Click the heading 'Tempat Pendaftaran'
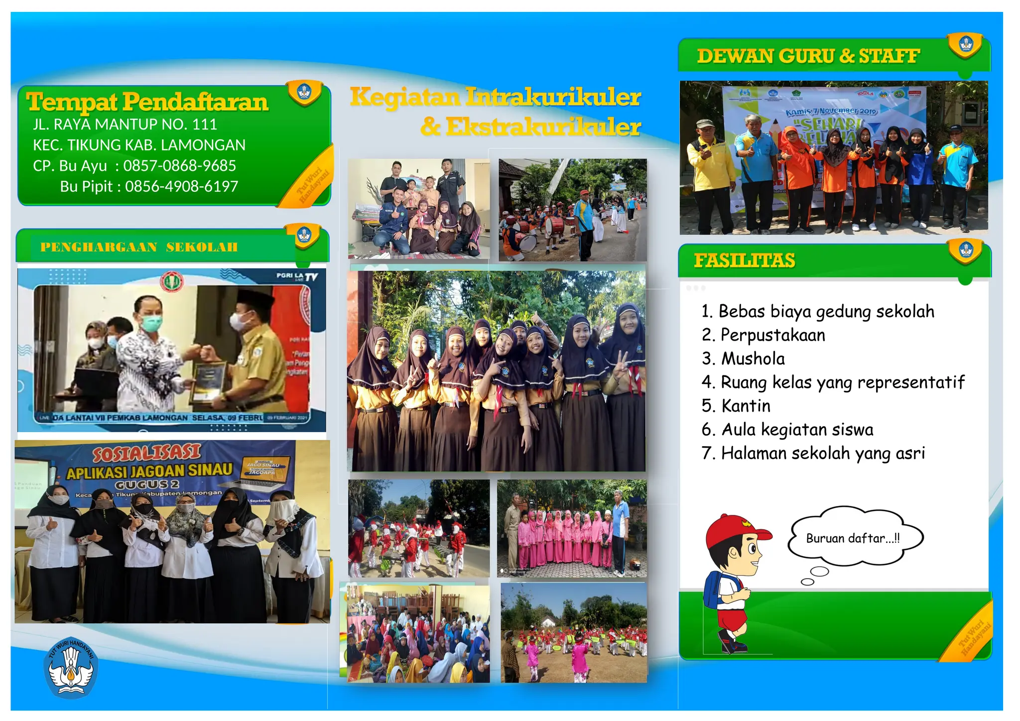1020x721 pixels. (x=147, y=102)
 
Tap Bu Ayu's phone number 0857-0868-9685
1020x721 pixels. (x=179, y=166)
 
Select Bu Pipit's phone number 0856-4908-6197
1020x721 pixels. (x=181, y=187)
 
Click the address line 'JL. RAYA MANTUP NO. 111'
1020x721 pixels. (x=125, y=124)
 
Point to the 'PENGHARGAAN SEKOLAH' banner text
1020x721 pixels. (x=139, y=247)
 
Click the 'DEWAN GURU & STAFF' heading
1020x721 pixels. (x=808, y=56)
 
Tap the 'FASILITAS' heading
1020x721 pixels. (x=745, y=260)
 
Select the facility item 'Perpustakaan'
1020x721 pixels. (x=772, y=335)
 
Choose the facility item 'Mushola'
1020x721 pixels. (x=753, y=359)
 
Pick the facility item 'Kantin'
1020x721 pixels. (x=746, y=406)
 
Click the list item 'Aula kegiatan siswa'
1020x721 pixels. (x=797, y=429)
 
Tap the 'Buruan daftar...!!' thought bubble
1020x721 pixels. (x=853, y=538)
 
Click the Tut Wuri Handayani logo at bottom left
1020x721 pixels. (x=71, y=667)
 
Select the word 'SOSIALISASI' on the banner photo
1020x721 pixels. (x=146, y=453)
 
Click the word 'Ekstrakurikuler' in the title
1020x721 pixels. (x=543, y=127)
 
